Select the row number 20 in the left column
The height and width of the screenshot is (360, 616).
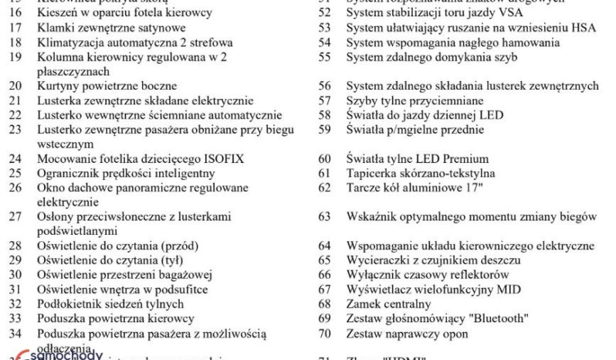coord(15,86)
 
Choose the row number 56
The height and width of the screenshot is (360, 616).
coord(325,86)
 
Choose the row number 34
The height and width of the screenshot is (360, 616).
coord(15,332)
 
